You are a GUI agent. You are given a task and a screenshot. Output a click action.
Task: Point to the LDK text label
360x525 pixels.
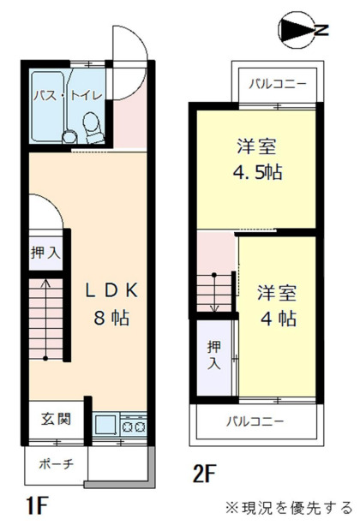(111, 289)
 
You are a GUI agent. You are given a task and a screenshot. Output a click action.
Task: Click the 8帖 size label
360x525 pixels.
(111, 318)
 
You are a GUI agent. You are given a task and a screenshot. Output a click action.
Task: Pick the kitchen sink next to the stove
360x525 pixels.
(105, 423)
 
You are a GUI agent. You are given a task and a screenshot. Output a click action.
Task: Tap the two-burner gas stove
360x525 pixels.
(134, 423)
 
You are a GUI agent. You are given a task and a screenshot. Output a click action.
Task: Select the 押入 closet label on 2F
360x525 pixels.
(213, 354)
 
